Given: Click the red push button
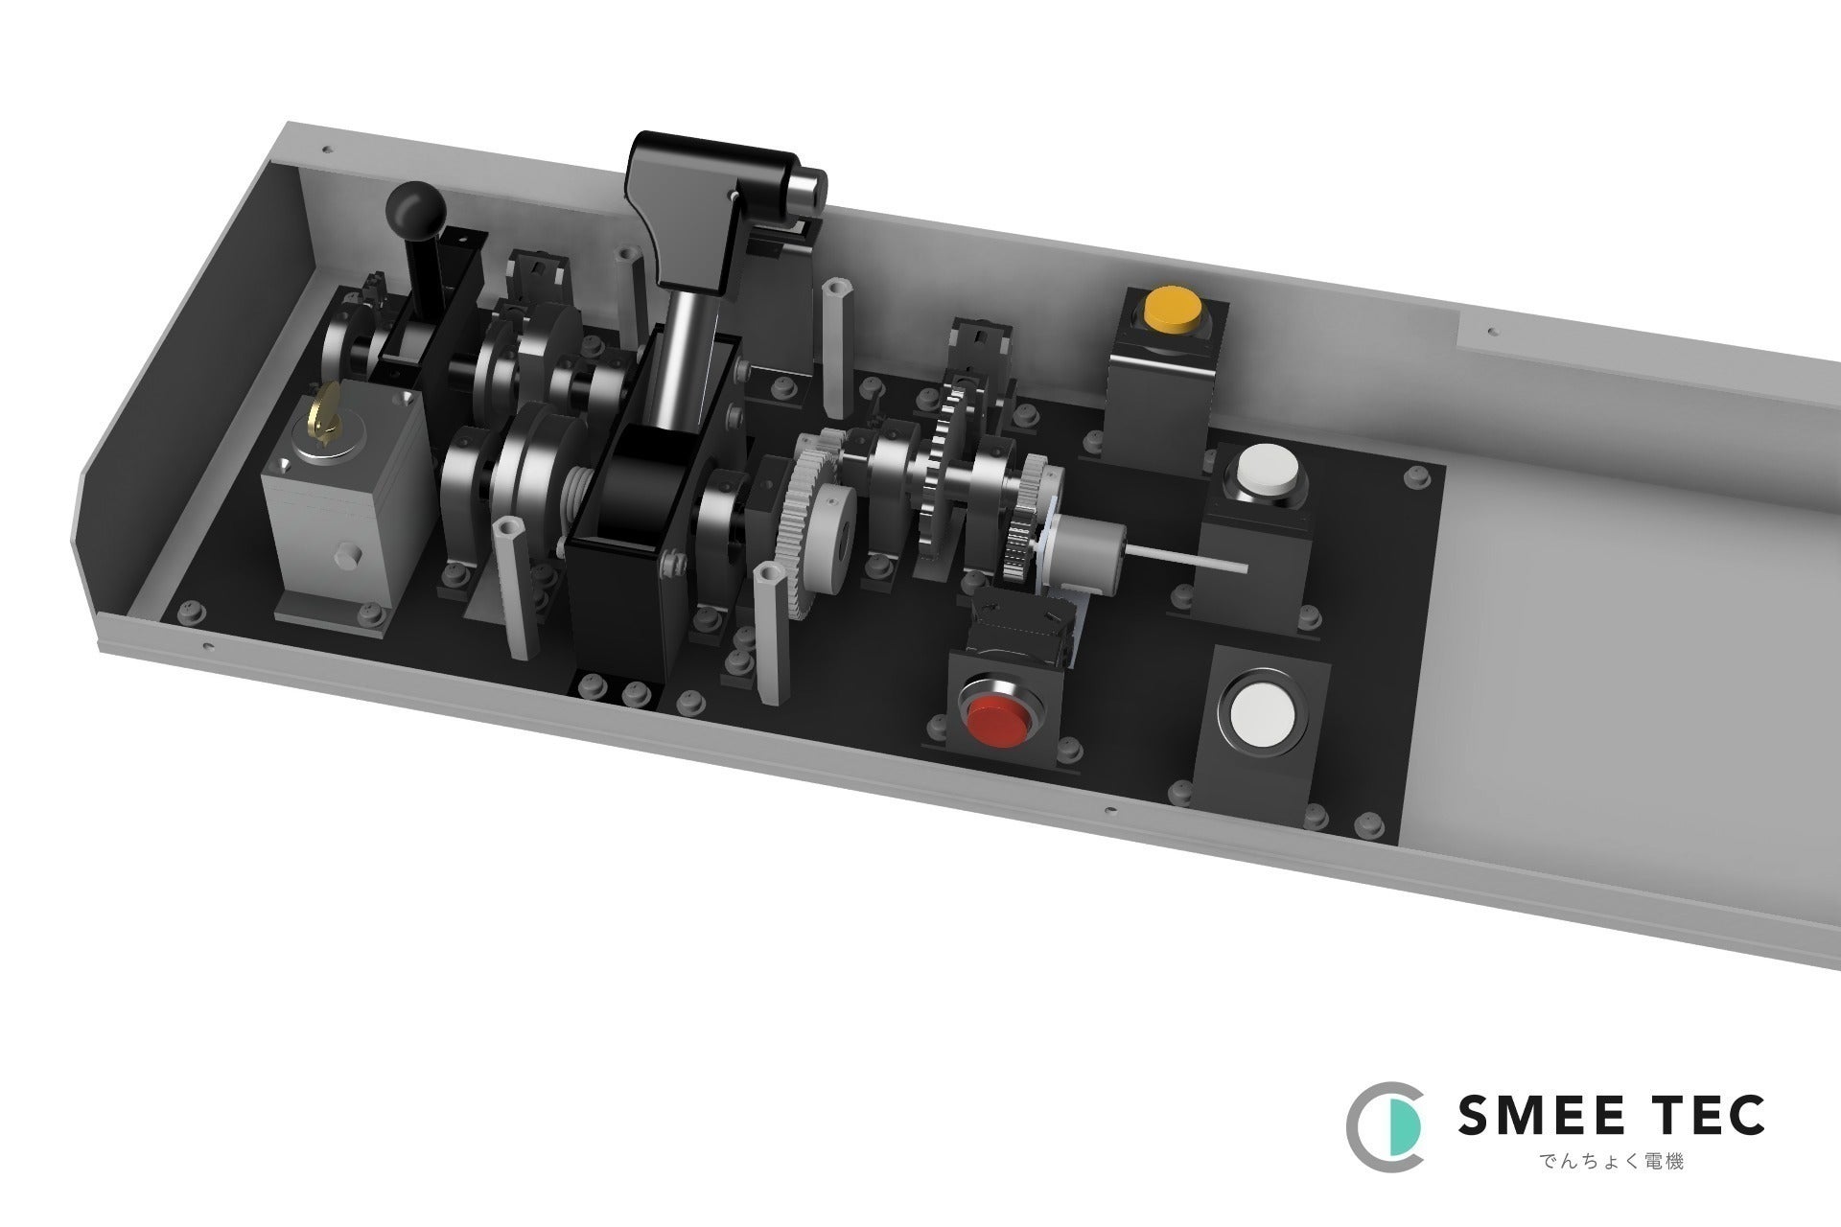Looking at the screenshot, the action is [1000, 709].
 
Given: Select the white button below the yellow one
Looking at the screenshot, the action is [1268, 471].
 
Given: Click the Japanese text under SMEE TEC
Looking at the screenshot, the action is [1613, 1161].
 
